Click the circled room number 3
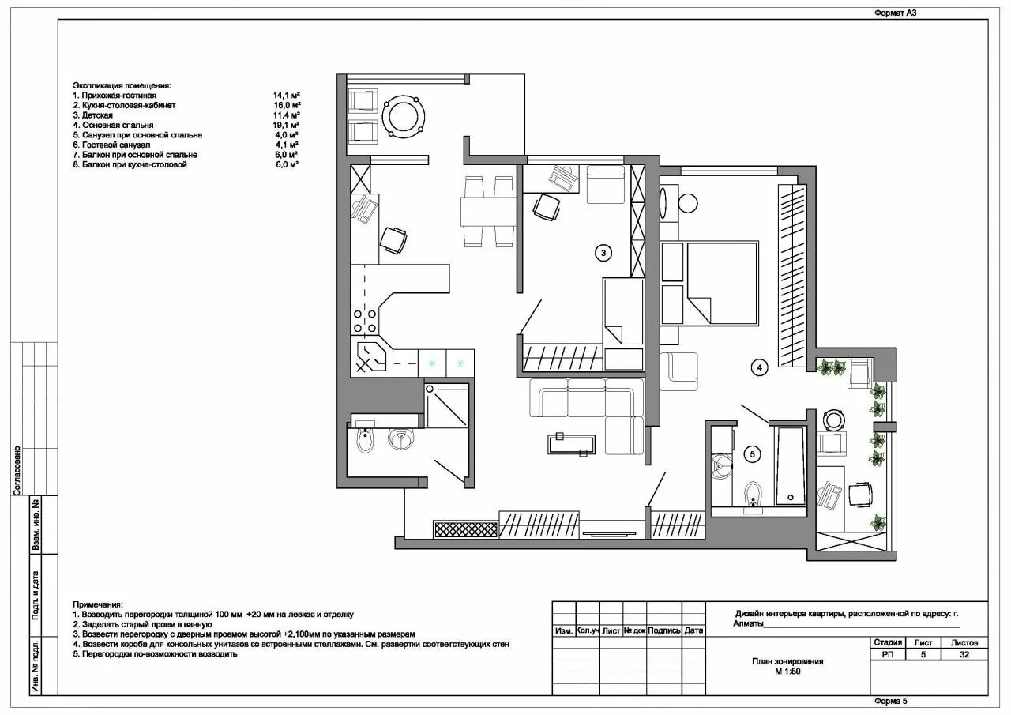click(603, 254)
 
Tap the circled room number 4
click(760, 367)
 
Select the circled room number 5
click(753, 454)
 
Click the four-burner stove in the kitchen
click(365, 321)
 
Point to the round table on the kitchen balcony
click(404, 116)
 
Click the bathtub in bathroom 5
click(790, 466)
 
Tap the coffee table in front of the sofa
click(572, 445)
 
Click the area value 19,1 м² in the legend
click(287, 125)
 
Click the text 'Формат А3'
click(895, 13)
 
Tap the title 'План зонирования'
click(787, 661)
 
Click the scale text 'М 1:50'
click(787, 672)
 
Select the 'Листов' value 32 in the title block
click(964, 654)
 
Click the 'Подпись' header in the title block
click(664, 630)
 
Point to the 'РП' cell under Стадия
click(887, 654)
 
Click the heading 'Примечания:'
click(98, 604)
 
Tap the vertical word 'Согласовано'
click(17, 471)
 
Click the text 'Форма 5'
click(891, 701)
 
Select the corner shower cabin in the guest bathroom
click(446, 405)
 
